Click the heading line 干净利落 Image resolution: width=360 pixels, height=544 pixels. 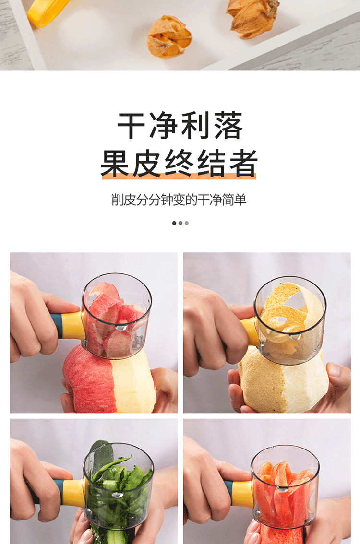point(180,126)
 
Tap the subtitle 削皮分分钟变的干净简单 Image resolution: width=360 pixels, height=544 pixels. point(179,200)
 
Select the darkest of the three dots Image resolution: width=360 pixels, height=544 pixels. point(174,223)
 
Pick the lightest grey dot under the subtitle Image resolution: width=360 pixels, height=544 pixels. point(187,223)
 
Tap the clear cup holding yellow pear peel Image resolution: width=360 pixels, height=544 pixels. point(290,319)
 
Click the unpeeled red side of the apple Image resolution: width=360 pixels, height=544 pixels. point(86,379)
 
